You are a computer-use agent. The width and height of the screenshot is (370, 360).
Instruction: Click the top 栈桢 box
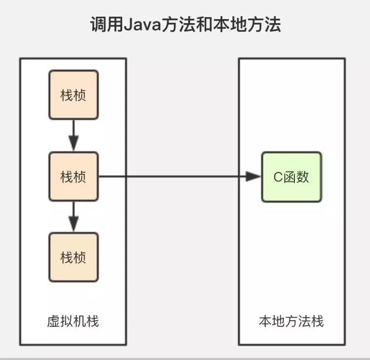[73, 95]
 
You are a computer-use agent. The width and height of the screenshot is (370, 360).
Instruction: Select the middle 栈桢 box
[73, 176]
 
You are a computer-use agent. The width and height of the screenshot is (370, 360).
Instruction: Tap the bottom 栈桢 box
[73, 257]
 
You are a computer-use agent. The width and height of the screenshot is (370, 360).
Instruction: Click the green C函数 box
[291, 177]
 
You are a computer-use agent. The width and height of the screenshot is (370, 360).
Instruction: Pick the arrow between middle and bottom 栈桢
[73, 217]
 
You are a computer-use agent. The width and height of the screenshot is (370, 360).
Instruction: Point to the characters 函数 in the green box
[295, 177]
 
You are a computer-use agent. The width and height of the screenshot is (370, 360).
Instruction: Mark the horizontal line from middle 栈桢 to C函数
[173, 177]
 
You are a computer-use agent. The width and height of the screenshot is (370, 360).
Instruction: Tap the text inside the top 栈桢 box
[73, 95]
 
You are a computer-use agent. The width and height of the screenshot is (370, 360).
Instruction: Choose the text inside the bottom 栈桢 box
[73, 257]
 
